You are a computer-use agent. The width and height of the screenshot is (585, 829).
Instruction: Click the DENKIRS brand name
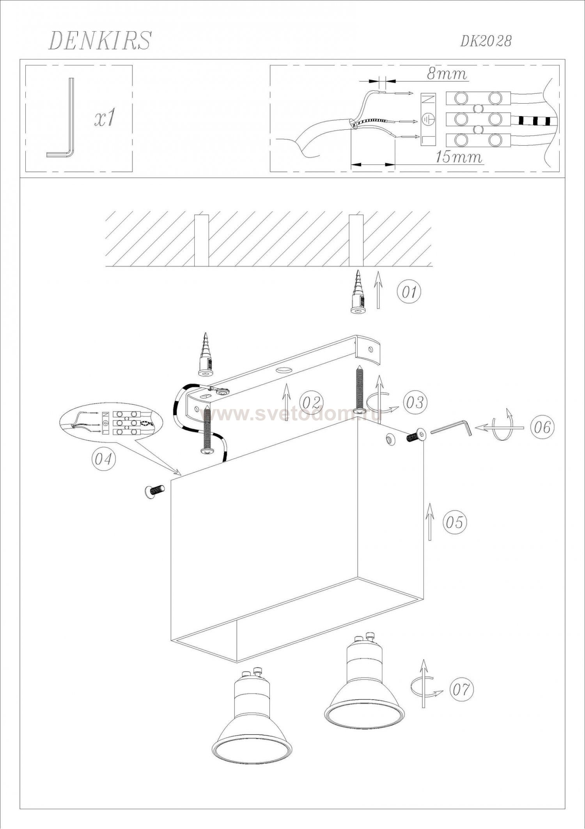click(99, 41)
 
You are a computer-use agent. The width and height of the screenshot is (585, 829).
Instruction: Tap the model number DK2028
click(486, 41)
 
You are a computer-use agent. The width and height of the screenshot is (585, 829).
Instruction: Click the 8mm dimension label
click(447, 74)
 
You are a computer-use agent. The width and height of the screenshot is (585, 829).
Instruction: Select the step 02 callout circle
click(312, 402)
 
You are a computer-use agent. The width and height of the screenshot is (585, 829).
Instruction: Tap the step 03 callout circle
click(415, 402)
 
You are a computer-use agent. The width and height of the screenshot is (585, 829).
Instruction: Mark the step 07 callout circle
click(461, 689)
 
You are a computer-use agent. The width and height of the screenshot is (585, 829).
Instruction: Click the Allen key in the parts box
click(60, 118)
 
